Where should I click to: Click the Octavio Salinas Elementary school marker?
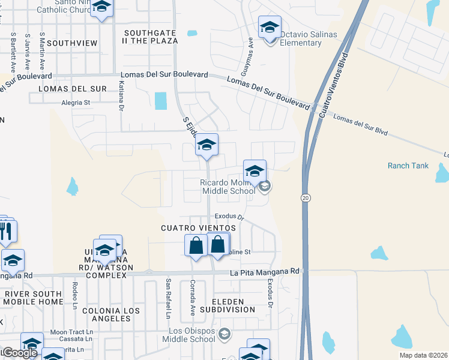pos(270,28)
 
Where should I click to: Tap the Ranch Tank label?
pos(408,166)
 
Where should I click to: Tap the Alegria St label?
pos(76,103)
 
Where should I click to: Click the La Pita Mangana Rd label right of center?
pos(265,272)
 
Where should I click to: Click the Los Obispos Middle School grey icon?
pos(224,334)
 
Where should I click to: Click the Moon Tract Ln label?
pos(71,332)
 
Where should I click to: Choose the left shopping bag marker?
pos(196,245)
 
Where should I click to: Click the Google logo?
pos(19,353)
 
